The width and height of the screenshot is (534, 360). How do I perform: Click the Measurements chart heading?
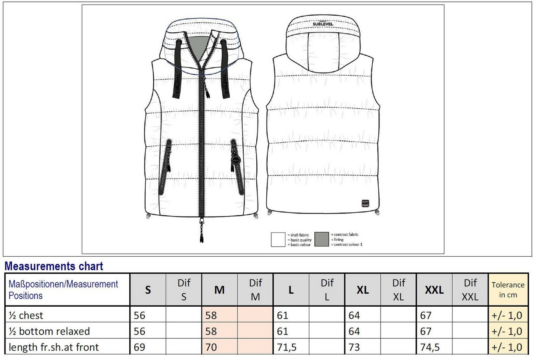click(x=54, y=266)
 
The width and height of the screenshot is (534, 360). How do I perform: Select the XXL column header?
click(x=434, y=290)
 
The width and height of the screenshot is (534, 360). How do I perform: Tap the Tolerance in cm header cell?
click(x=508, y=290)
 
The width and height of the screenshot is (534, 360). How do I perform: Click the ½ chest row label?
click(x=26, y=315)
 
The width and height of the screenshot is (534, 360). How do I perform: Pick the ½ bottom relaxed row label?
click(x=49, y=331)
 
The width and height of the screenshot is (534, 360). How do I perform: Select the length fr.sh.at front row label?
click(x=53, y=347)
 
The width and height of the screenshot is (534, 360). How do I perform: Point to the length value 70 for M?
click(x=211, y=347)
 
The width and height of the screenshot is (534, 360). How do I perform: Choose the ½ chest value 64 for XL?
click(x=354, y=315)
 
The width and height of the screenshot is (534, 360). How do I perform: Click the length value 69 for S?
click(x=139, y=347)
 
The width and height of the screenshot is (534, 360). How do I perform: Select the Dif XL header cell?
click(x=398, y=290)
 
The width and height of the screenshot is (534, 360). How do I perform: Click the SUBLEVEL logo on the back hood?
click(x=323, y=24)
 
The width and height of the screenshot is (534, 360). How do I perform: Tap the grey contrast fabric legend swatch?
click(x=322, y=239)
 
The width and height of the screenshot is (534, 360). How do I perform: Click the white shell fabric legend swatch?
click(x=278, y=239)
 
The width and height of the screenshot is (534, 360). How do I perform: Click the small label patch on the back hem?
click(x=365, y=203)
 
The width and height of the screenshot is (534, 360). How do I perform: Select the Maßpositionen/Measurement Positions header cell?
click(x=63, y=290)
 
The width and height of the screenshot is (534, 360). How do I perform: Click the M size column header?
click(x=219, y=290)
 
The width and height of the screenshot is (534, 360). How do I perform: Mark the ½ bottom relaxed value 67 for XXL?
click(x=426, y=331)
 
